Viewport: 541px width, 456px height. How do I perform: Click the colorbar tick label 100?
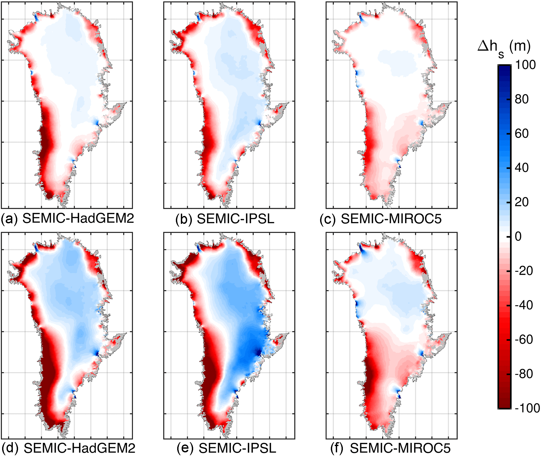[x=525, y=65]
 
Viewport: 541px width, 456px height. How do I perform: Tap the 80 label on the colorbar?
[x=522, y=99]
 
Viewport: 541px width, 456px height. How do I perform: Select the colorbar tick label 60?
[x=522, y=134]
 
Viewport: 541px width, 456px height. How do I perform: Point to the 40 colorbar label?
[x=522, y=168]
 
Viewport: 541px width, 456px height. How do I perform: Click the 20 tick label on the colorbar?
[x=522, y=202]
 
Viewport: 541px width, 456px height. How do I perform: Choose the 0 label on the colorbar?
[x=518, y=236]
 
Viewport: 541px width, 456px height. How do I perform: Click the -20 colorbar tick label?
[x=523, y=271]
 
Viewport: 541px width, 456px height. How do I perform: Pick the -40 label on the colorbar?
[x=523, y=305]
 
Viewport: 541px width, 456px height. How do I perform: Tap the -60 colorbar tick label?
[x=523, y=340]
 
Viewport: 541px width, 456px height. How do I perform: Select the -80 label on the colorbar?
[x=523, y=374]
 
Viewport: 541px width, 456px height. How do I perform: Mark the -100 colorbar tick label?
[x=527, y=408]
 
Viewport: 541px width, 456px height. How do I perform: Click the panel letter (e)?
[x=185, y=448]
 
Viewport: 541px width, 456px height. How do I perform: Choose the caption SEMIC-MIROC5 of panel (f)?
[x=400, y=448]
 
